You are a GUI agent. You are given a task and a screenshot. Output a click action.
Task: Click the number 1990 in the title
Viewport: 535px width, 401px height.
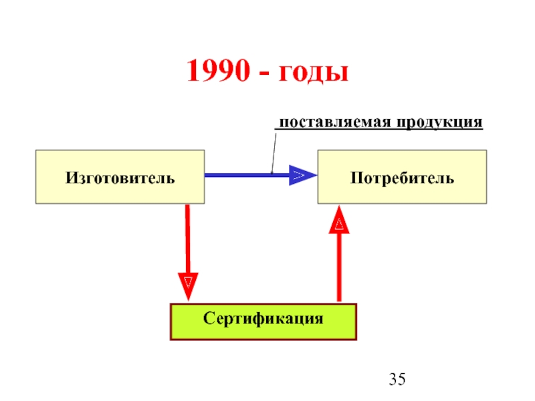click(219, 70)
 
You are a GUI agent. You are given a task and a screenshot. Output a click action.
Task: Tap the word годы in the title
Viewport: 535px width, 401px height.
click(314, 72)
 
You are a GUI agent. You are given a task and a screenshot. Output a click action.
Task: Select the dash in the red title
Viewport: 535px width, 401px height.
click(264, 73)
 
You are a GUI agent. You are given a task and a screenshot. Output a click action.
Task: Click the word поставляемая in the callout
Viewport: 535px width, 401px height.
click(335, 122)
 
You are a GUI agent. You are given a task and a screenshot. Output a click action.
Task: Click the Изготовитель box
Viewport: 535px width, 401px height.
click(120, 177)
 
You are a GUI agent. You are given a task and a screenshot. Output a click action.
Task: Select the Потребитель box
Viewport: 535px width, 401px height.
click(402, 177)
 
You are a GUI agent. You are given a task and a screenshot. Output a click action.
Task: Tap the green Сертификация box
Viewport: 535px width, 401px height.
click(263, 321)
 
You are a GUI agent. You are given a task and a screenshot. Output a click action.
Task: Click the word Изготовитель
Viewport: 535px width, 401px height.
click(120, 178)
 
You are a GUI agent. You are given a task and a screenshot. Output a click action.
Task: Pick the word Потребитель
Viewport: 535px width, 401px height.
click(403, 178)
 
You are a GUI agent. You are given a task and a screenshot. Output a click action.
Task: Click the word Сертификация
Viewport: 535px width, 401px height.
click(263, 319)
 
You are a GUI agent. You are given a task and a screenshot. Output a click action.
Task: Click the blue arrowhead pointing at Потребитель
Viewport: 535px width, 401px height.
click(303, 175)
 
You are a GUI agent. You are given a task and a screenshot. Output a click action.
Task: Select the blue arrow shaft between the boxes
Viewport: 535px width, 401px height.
click(247, 175)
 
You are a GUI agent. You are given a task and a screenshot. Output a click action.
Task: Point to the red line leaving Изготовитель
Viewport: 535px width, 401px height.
click(188, 239)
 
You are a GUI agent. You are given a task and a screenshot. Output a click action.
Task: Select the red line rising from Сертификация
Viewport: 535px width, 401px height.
click(339, 268)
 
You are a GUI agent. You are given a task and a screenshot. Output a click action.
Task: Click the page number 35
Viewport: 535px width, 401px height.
click(397, 379)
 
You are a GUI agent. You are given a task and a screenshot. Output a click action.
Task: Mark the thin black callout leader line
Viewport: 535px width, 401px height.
click(274, 154)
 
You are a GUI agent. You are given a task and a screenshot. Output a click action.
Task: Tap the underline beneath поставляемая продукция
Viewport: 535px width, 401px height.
click(379, 129)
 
